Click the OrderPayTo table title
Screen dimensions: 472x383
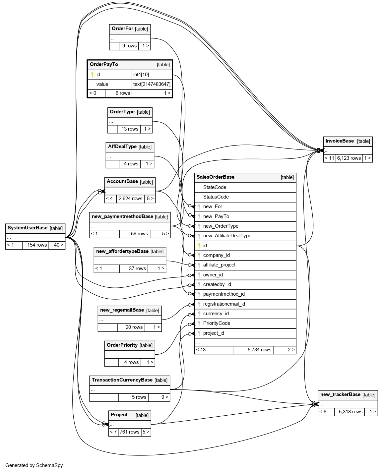[x=104, y=64]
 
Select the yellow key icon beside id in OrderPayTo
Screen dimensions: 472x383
[x=92, y=75]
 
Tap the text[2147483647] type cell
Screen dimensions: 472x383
[x=152, y=84]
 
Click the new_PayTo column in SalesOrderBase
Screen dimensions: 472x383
[x=216, y=216]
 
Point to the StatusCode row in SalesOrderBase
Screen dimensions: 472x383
[x=216, y=197]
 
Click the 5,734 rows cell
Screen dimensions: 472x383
[x=259, y=350]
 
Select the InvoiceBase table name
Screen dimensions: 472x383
[x=340, y=141]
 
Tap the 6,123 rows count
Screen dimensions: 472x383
[x=349, y=158]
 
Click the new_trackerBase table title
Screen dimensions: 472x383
[x=340, y=394]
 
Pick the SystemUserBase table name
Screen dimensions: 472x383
[x=28, y=228]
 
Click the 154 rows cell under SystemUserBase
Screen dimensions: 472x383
[x=37, y=245]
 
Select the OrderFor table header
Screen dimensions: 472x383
[x=122, y=29]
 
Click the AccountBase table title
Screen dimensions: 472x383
[x=122, y=181]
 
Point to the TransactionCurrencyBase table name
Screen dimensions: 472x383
[x=122, y=380]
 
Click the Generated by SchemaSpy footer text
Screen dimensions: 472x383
[x=34, y=465]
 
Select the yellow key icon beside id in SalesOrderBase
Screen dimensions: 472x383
[x=199, y=246]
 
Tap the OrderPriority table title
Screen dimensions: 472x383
[x=122, y=345]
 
